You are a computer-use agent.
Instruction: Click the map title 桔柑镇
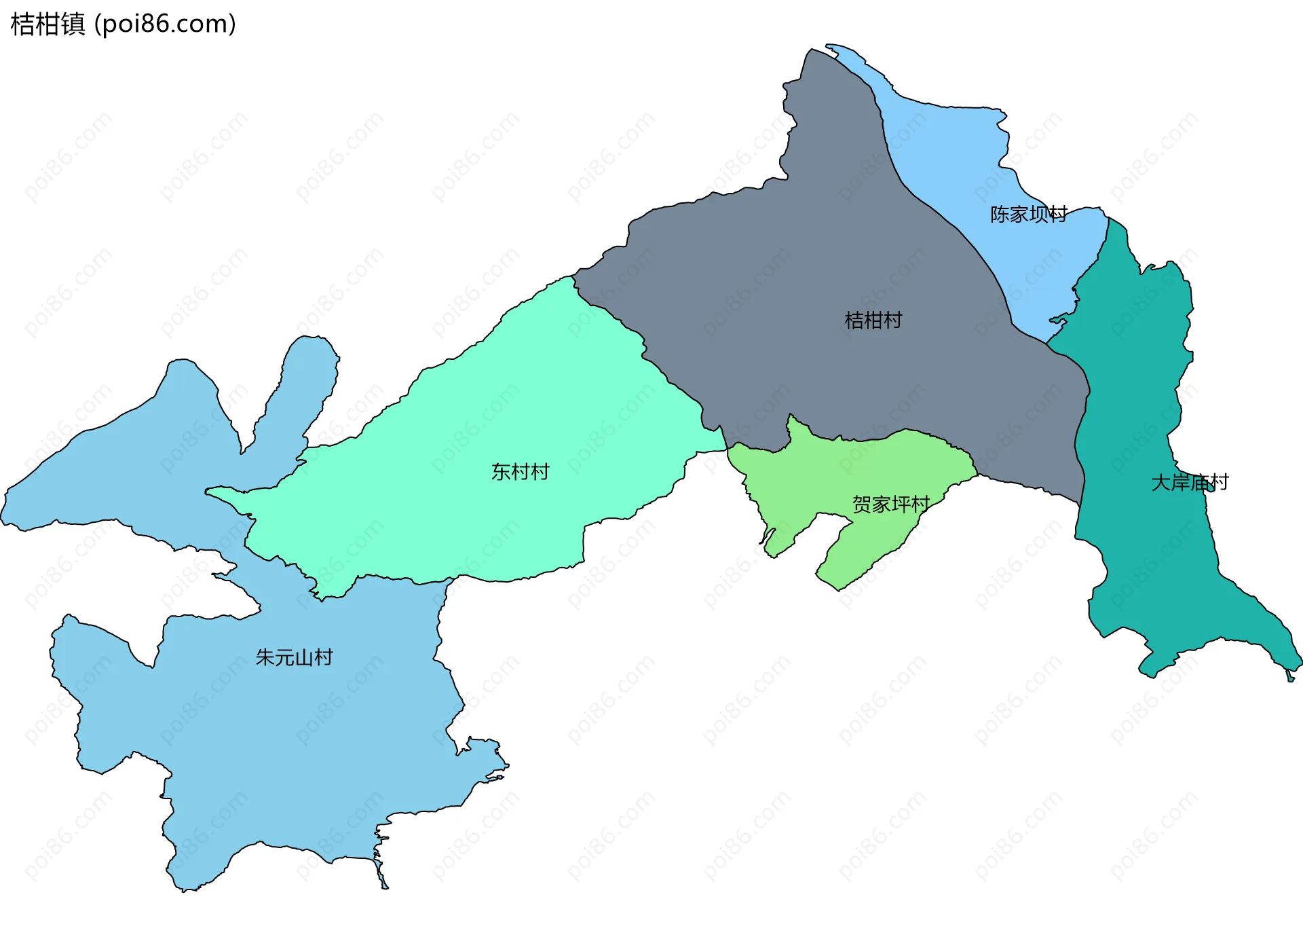48,24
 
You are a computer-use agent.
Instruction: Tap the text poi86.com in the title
165,24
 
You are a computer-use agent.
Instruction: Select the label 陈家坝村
1028,215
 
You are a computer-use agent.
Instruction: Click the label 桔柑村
873,320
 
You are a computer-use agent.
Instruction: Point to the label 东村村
520,472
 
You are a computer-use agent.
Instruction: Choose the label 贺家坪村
890,504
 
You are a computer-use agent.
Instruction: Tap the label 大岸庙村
1190,483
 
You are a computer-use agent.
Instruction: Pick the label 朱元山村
294,657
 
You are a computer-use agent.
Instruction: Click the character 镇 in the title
73,24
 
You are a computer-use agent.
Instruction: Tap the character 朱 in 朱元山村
265,657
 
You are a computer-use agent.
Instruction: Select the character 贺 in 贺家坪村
862,504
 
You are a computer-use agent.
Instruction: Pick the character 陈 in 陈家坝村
1000,215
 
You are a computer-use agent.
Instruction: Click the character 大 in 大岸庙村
1160,483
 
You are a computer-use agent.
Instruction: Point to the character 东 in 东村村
501,472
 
